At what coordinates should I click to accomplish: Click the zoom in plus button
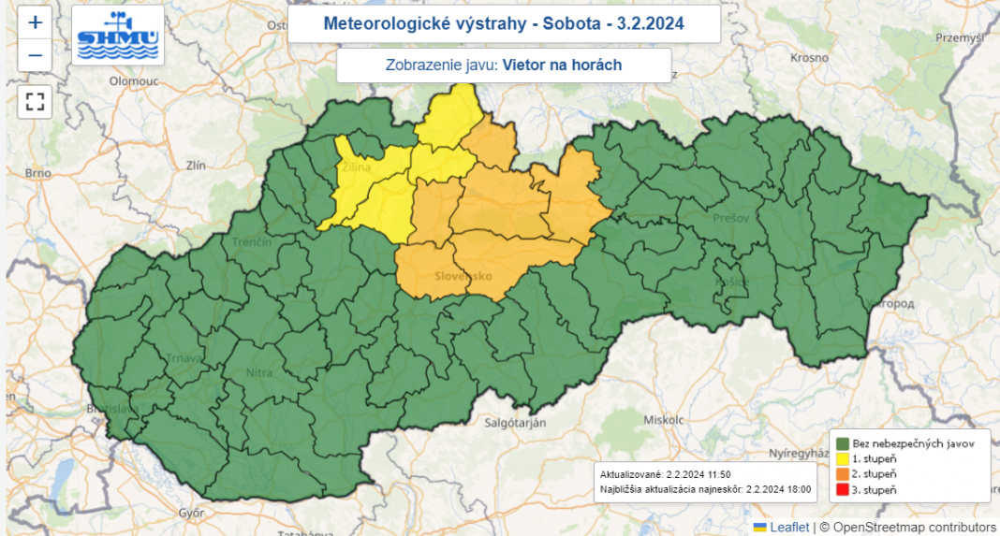click(x=35, y=23)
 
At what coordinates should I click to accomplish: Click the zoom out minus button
click(x=35, y=55)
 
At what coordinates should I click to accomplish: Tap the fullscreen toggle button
click(x=35, y=101)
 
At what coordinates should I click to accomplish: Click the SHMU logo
click(x=118, y=36)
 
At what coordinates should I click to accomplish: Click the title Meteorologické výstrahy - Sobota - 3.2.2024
click(x=504, y=23)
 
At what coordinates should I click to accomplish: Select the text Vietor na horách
click(x=562, y=65)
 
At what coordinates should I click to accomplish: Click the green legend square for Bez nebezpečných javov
click(x=842, y=443)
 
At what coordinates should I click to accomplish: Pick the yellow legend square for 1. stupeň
click(x=842, y=458)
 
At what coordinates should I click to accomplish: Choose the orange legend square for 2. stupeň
click(x=842, y=474)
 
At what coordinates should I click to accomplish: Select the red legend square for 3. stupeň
click(x=842, y=489)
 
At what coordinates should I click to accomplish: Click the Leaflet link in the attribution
click(x=788, y=528)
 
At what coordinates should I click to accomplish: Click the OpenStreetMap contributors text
click(x=908, y=528)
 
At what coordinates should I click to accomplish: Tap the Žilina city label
click(x=356, y=167)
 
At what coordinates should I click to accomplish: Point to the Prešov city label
click(x=730, y=217)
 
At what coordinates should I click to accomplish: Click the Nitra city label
click(x=259, y=372)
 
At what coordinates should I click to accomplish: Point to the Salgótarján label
click(x=514, y=423)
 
